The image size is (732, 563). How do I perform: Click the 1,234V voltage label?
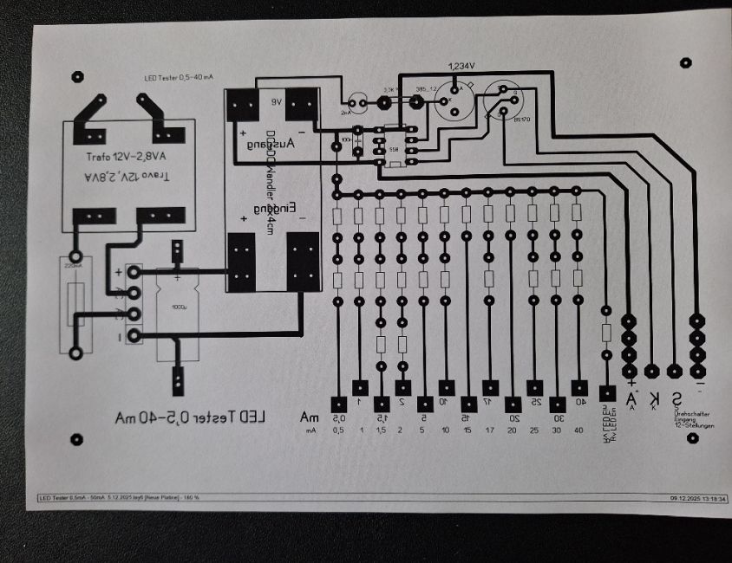[461, 67]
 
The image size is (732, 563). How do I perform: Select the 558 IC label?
[394, 149]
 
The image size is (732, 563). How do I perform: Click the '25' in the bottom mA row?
[536, 430]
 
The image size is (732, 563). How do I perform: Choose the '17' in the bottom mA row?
[491, 430]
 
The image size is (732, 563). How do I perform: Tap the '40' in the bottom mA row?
[579, 430]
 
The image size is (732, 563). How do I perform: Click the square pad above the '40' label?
[579, 387]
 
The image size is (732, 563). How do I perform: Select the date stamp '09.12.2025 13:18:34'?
[697, 498]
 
